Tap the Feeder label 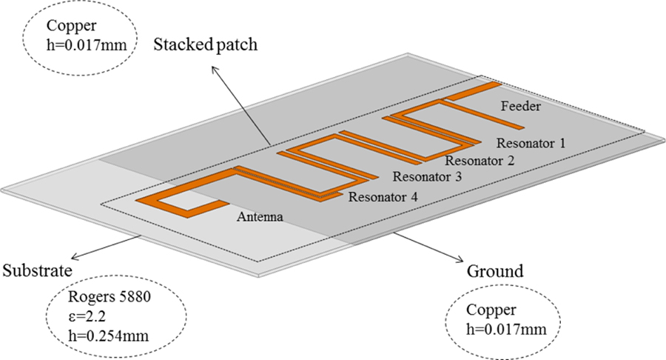click(521, 107)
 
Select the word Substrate click(37, 269)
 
